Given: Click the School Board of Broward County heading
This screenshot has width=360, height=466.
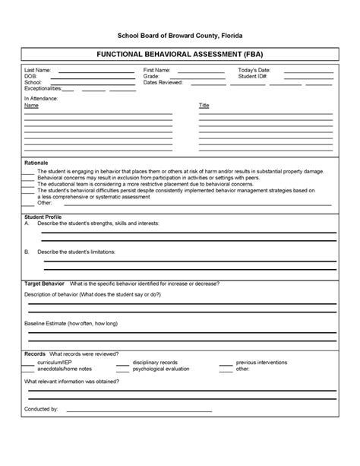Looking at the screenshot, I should (179, 36).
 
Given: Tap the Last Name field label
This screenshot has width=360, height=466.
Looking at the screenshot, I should (38, 70).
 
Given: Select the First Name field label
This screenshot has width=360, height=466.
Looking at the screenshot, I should (157, 70).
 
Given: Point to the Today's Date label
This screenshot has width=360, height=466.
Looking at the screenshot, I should (254, 70).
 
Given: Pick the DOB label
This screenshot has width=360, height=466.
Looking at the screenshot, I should (31, 76).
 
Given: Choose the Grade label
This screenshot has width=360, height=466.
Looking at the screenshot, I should (151, 76).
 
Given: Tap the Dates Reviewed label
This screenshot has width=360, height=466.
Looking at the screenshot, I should (163, 82).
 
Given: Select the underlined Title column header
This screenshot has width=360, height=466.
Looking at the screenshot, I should (204, 106).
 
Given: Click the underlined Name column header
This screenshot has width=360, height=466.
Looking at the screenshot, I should (31, 106).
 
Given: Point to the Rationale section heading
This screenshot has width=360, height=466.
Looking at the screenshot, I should (36, 163).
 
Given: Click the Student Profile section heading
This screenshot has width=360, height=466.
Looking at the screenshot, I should (43, 217).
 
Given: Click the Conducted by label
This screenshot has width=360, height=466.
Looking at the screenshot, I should (41, 409).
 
